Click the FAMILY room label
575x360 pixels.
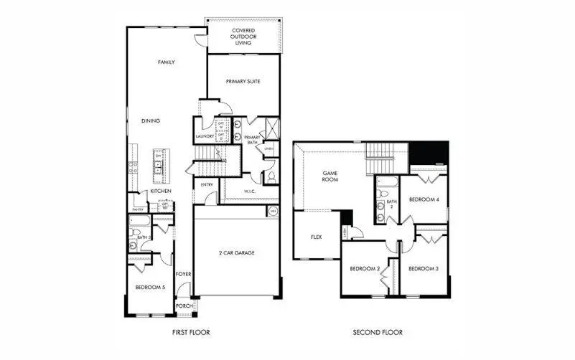pyautogui.click(x=166, y=62)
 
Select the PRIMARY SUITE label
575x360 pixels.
pyautogui.click(x=243, y=82)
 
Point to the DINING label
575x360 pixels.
pyautogui.click(x=150, y=121)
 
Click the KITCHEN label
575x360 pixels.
pyautogui.click(x=160, y=191)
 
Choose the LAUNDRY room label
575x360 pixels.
pyautogui.click(x=205, y=137)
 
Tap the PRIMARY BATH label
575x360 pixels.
pyautogui.click(x=252, y=140)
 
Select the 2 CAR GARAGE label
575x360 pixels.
pyautogui.click(x=236, y=252)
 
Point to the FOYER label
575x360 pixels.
pyautogui.click(x=183, y=274)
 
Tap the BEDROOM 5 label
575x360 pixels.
pyautogui.click(x=150, y=288)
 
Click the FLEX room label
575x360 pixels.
pyautogui.click(x=315, y=237)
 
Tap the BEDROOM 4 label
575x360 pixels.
pyautogui.click(x=424, y=199)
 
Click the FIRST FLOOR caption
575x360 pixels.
pyautogui.click(x=190, y=333)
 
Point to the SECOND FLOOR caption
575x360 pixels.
pyautogui.click(x=377, y=333)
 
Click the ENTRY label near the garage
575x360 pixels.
pyautogui.click(x=207, y=184)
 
